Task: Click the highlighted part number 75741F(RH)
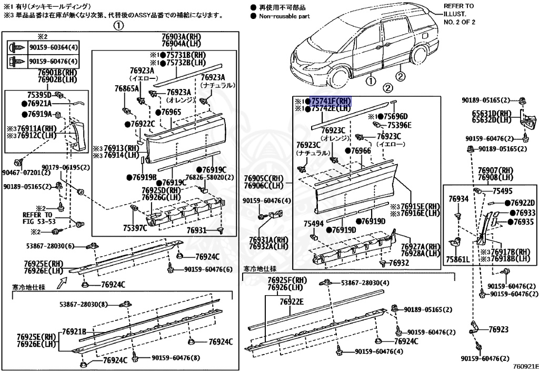pos(331,101)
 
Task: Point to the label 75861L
pos(457,259)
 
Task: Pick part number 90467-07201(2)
pos(26,172)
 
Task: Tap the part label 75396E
pos(400,125)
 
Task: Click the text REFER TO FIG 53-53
pos(37,218)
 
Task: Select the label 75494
pos(313,224)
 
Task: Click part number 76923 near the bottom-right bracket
pos(498,329)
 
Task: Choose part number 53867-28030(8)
pos(83,304)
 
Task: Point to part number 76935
pos(524,222)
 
